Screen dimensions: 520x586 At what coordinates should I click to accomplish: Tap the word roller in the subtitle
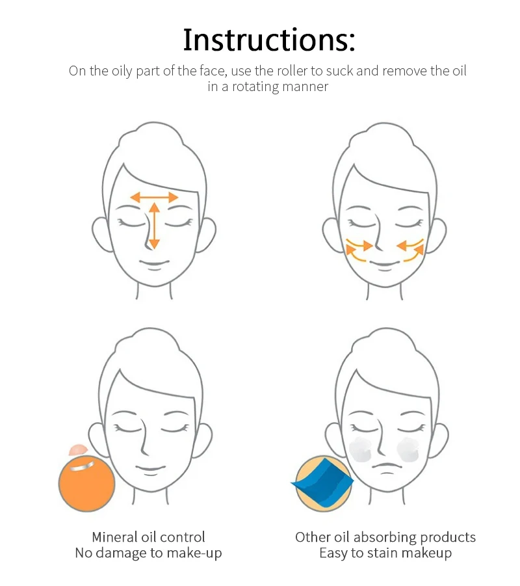point(292,71)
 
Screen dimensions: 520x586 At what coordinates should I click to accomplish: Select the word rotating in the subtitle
point(255,87)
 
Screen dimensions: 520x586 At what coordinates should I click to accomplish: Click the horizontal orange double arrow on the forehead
point(154,197)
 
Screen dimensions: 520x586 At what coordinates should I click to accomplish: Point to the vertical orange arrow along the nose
point(154,225)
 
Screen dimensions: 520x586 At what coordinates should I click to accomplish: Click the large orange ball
point(86,484)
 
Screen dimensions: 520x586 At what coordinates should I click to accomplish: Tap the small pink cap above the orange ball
point(78,449)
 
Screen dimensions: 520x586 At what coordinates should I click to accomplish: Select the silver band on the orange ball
point(82,466)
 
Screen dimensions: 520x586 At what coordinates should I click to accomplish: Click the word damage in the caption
point(120,553)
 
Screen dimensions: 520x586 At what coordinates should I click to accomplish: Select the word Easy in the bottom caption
point(333,553)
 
